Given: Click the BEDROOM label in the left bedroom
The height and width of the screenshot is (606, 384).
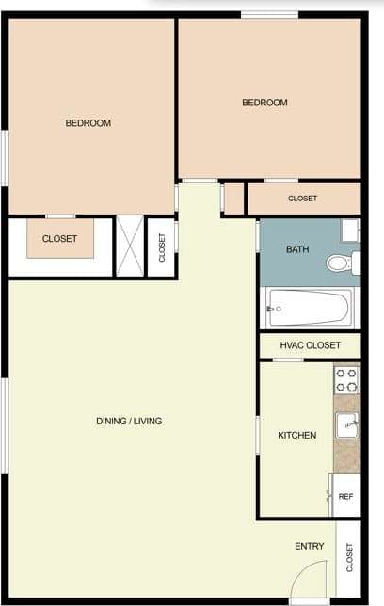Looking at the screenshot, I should coord(88,123).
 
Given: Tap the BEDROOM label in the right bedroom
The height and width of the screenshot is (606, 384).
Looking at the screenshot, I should coord(264,103).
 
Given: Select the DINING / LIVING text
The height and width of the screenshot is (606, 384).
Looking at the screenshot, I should coord(129,421).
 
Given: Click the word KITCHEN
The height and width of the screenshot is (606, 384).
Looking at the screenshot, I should coord(296,435).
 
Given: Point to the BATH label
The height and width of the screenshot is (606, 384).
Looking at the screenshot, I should coord(297,249).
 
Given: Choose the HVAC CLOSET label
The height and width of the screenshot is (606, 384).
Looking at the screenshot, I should coord(310,345).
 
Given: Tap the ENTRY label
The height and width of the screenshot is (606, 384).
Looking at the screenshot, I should coord(310,546).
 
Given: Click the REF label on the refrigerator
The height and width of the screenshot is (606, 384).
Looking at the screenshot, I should coord(345,496).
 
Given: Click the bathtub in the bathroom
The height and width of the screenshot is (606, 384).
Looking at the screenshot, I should coord(309,307).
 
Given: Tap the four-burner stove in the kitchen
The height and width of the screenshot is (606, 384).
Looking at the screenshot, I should coord(347,379).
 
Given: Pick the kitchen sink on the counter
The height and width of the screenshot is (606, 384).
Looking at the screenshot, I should coord(347,423).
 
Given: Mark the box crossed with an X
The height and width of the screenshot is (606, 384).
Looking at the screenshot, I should coord(130,247).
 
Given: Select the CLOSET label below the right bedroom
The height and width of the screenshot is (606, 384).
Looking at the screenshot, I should coord(302,199).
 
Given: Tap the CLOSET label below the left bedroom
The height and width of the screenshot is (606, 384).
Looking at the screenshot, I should coord(59,239).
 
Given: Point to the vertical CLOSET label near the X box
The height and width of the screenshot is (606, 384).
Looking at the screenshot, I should coord(161,247).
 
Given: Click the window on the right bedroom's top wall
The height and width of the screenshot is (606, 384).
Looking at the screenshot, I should coord(269,14).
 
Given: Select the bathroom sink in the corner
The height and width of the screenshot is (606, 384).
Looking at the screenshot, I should coord(351,231).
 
